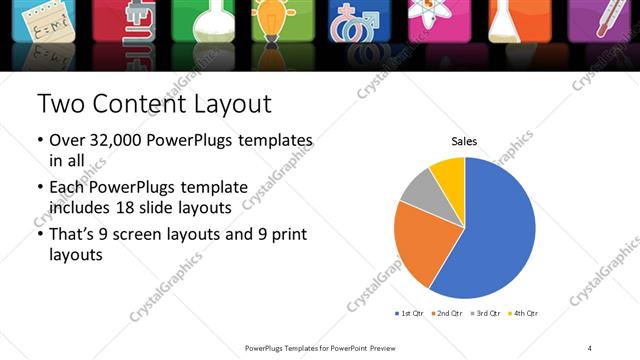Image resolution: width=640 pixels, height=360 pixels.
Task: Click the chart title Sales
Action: point(465,141)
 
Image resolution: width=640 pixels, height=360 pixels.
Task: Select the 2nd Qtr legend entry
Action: point(445,314)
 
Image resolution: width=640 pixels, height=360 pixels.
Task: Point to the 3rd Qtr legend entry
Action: point(484,314)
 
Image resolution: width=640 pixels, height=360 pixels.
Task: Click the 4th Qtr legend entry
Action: point(522,314)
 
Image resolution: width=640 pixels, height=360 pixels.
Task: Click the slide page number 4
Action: point(590,347)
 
